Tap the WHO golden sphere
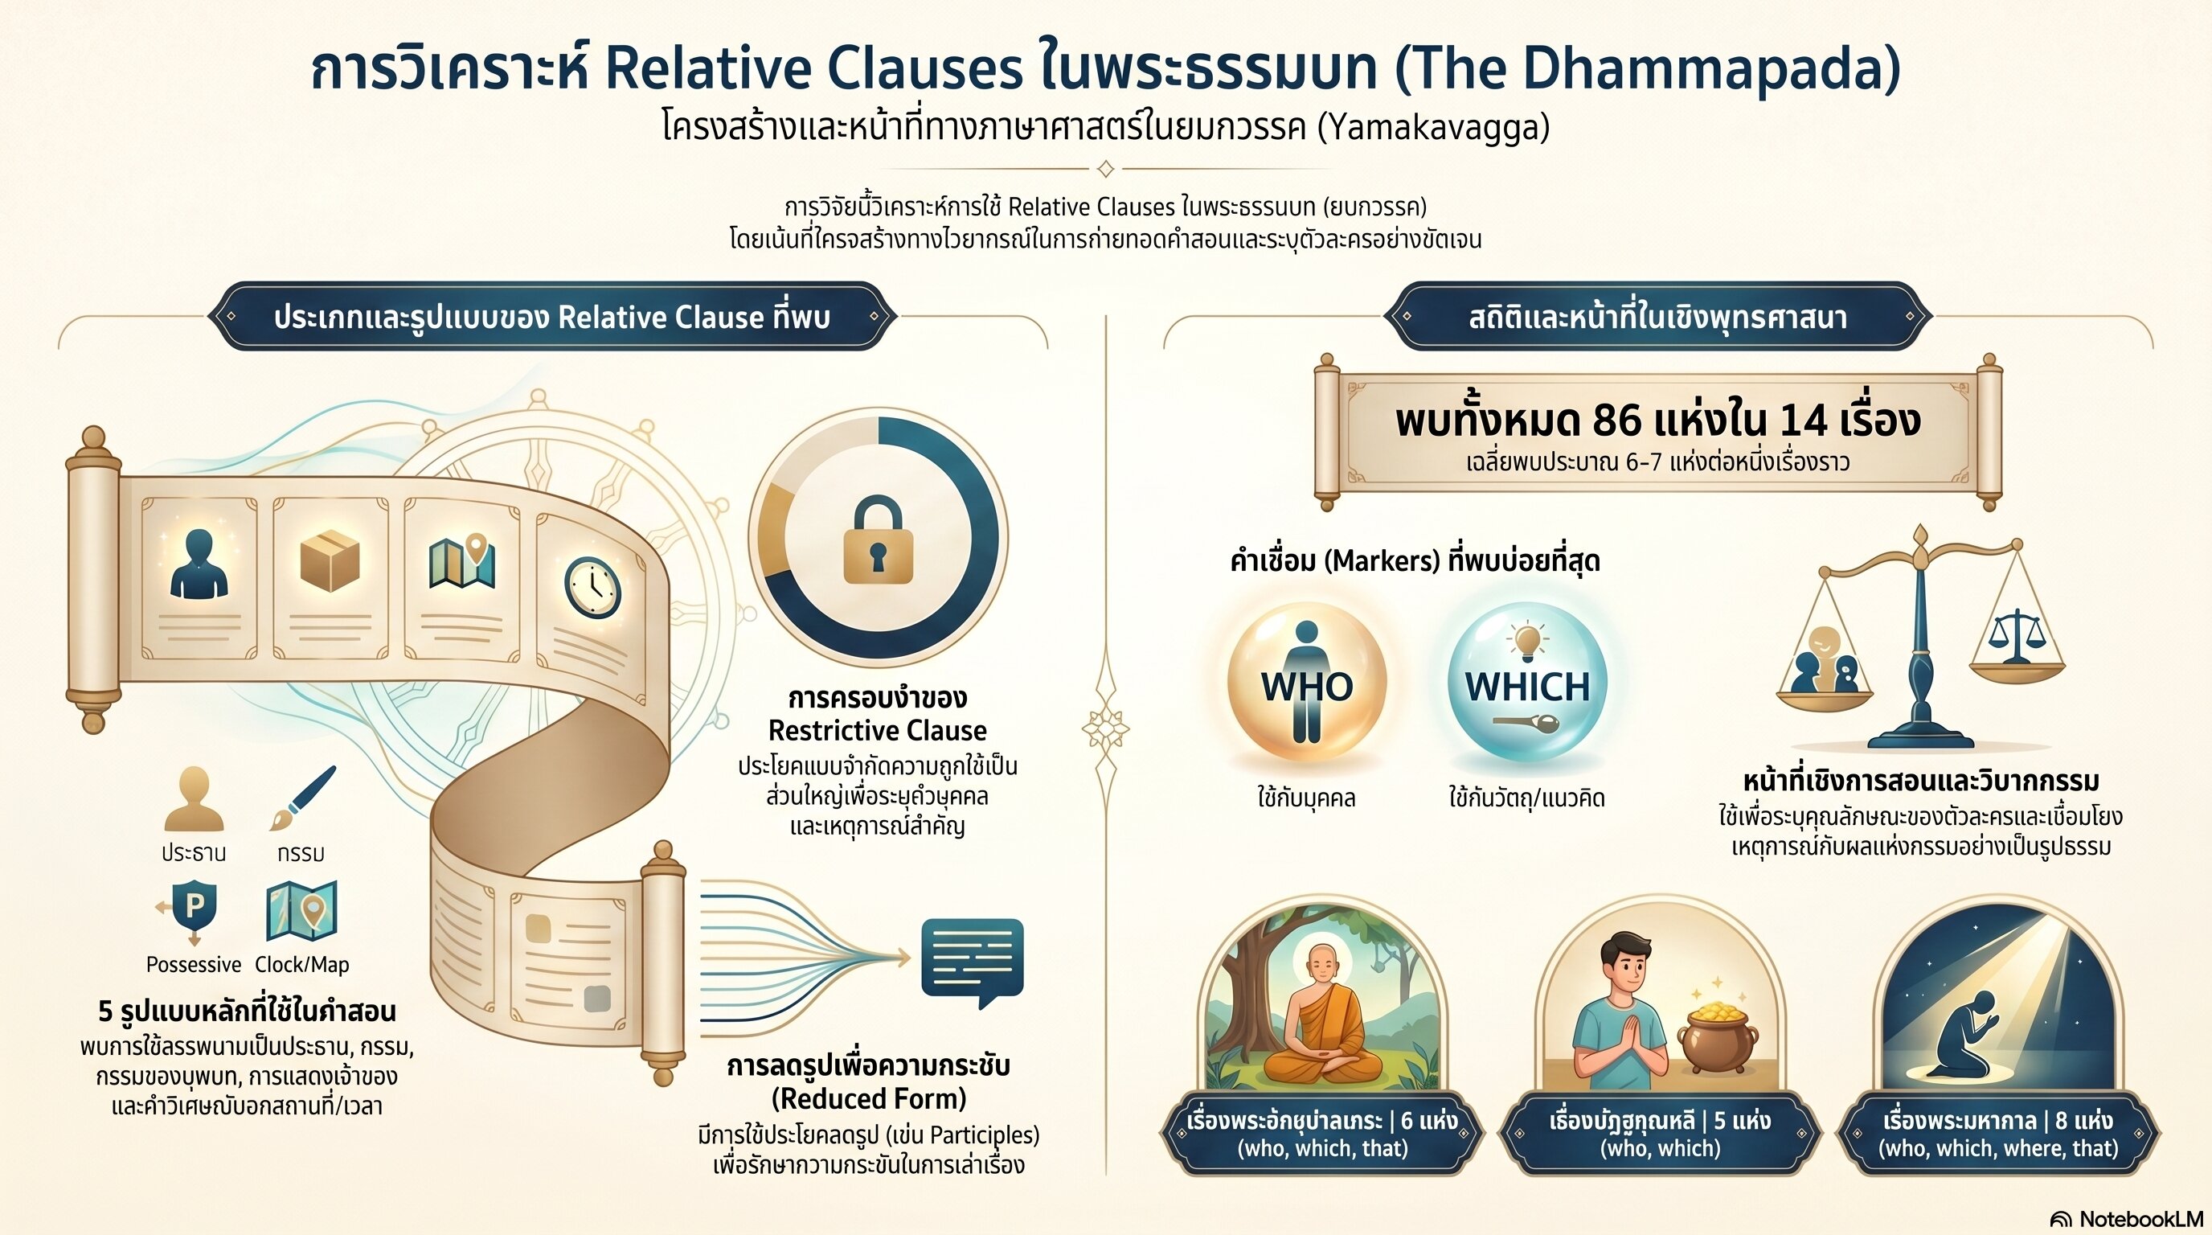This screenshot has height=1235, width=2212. pos(1306,683)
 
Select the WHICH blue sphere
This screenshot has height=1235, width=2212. pos(1526,683)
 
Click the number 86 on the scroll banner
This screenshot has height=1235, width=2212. pos(1616,421)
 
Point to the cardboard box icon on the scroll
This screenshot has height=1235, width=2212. pos(330,560)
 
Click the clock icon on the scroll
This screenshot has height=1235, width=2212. pos(592,588)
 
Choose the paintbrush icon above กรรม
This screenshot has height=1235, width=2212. pos(302,798)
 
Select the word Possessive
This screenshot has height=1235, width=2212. pos(194,965)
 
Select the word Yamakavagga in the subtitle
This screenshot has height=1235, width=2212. pos(1433,127)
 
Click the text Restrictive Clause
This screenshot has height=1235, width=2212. pos(878,731)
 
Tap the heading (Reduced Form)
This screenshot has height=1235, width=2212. pos(869,1098)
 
